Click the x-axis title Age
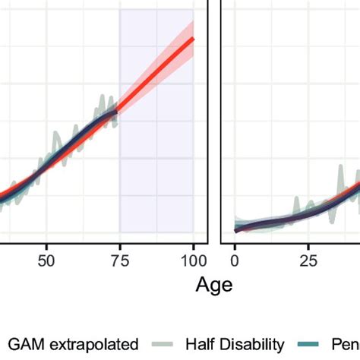(213, 285)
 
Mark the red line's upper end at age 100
(193, 38)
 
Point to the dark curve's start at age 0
(237, 229)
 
